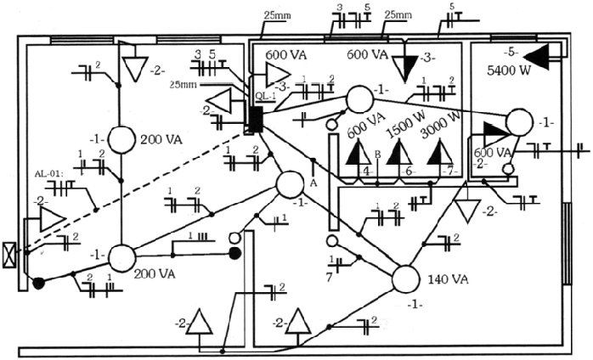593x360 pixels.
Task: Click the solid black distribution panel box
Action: pos(253,119)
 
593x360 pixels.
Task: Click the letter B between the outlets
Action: pos(376,155)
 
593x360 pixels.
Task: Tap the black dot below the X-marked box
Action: pos(37,284)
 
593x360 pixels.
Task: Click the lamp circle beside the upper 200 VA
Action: pos(120,139)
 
